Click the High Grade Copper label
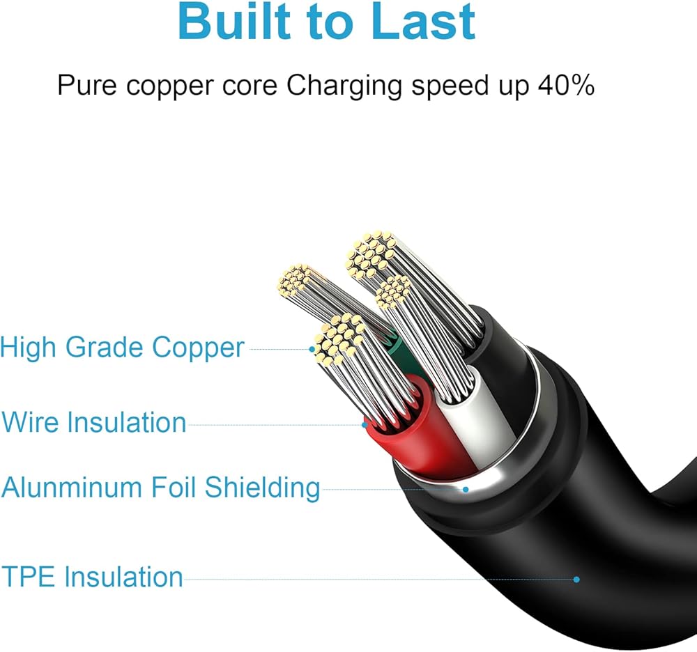[123, 348]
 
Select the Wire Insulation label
[94, 423]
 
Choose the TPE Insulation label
[92, 577]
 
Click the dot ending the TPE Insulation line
[576, 579]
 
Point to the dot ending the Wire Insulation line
[365, 424]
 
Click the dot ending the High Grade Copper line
[313, 348]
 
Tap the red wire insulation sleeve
[411, 432]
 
